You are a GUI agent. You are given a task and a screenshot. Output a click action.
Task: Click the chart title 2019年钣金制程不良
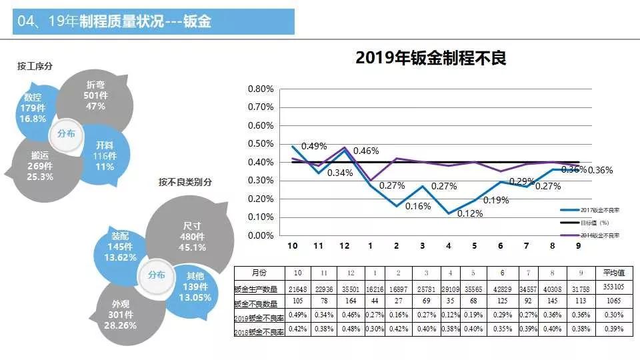pyautogui.click(x=431, y=58)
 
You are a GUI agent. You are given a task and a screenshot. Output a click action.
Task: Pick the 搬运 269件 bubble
pyautogui.click(x=41, y=166)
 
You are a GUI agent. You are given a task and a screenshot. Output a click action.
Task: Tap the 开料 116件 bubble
pyautogui.click(x=104, y=155)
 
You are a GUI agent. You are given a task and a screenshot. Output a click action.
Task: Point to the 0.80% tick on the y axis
pyautogui.click(x=261, y=89)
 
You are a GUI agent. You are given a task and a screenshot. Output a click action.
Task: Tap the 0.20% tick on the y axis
pyautogui.click(x=261, y=199)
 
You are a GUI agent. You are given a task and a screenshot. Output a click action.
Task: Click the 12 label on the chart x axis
pyautogui.click(x=344, y=246)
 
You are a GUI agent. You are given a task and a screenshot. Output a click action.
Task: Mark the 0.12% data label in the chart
pyautogui.click(x=471, y=213)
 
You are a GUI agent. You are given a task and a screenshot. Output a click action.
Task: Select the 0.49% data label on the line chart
pyautogui.click(x=313, y=146)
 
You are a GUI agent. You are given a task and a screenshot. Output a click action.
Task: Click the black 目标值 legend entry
pyautogui.click(x=590, y=222)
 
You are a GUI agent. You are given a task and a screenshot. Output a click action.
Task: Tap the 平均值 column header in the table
pyautogui.click(x=613, y=273)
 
